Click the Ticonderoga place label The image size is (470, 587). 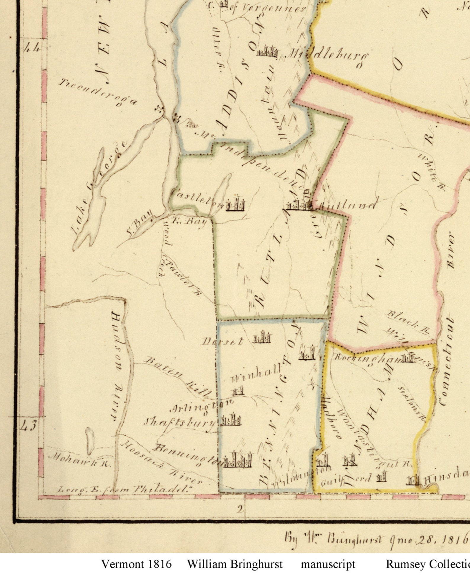tap(98, 92)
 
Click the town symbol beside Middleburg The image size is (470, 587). tap(267, 51)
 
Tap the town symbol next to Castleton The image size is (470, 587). tap(236, 203)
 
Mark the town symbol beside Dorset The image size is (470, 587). tap(262, 337)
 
